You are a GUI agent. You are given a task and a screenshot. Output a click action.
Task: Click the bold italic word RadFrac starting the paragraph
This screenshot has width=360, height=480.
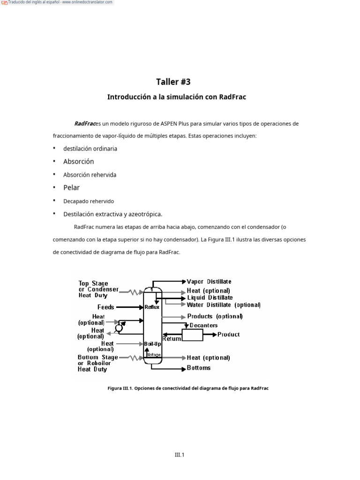[84, 124]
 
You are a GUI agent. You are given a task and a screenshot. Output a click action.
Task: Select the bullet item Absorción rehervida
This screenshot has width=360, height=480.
[90, 175]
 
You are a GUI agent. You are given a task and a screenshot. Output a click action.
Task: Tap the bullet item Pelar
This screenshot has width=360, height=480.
[72, 187]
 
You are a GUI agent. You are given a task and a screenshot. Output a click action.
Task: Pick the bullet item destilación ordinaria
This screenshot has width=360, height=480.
[90, 149]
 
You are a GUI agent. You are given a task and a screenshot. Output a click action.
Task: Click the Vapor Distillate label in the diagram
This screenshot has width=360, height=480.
[209, 282]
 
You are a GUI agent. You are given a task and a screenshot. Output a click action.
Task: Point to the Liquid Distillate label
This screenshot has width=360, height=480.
[210, 298]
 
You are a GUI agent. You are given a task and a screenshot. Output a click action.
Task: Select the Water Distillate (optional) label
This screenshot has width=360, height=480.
[224, 305]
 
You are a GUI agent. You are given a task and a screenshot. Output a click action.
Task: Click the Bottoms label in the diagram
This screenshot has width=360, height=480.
[199, 368]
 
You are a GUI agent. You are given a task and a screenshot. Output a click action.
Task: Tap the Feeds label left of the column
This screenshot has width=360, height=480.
[106, 307]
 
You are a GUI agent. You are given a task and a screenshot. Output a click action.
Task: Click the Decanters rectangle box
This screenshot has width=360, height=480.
[192, 335]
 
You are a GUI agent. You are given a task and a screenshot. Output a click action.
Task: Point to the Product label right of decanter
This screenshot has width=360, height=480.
[229, 334]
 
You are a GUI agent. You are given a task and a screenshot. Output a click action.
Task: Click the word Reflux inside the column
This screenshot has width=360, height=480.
[152, 307]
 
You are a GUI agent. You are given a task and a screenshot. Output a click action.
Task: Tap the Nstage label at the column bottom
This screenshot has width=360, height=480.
[154, 355]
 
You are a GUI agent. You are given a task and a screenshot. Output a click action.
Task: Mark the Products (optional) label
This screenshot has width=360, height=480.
[215, 316]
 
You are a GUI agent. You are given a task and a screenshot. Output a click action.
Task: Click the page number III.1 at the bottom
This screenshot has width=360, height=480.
[180, 454]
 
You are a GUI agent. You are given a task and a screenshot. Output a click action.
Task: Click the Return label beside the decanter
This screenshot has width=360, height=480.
[172, 338]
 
